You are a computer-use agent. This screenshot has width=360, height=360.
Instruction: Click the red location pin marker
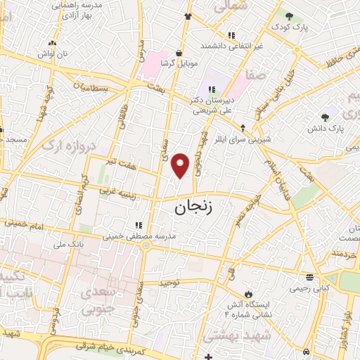point(181,165)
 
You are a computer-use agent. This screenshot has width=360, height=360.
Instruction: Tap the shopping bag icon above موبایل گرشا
point(180,53)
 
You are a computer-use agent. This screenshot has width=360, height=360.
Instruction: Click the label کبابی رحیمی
point(310,287)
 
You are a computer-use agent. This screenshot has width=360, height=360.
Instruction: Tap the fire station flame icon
point(248,293)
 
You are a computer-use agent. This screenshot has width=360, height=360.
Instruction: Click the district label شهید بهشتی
point(233,337)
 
